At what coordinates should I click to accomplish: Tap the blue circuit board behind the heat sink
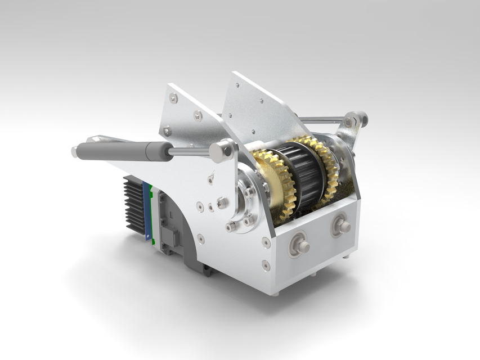pyautogui.click(x=148, y=211)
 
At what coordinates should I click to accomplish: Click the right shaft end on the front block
pyautogui.click(x=342, y=226)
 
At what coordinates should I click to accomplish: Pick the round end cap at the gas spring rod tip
pyautogui.click(x=221, y=150)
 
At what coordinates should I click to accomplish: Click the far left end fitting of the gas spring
pyautogui.click(x=75, y=151)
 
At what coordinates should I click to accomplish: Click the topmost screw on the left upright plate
pyautogui.click(x=173, y=98)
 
